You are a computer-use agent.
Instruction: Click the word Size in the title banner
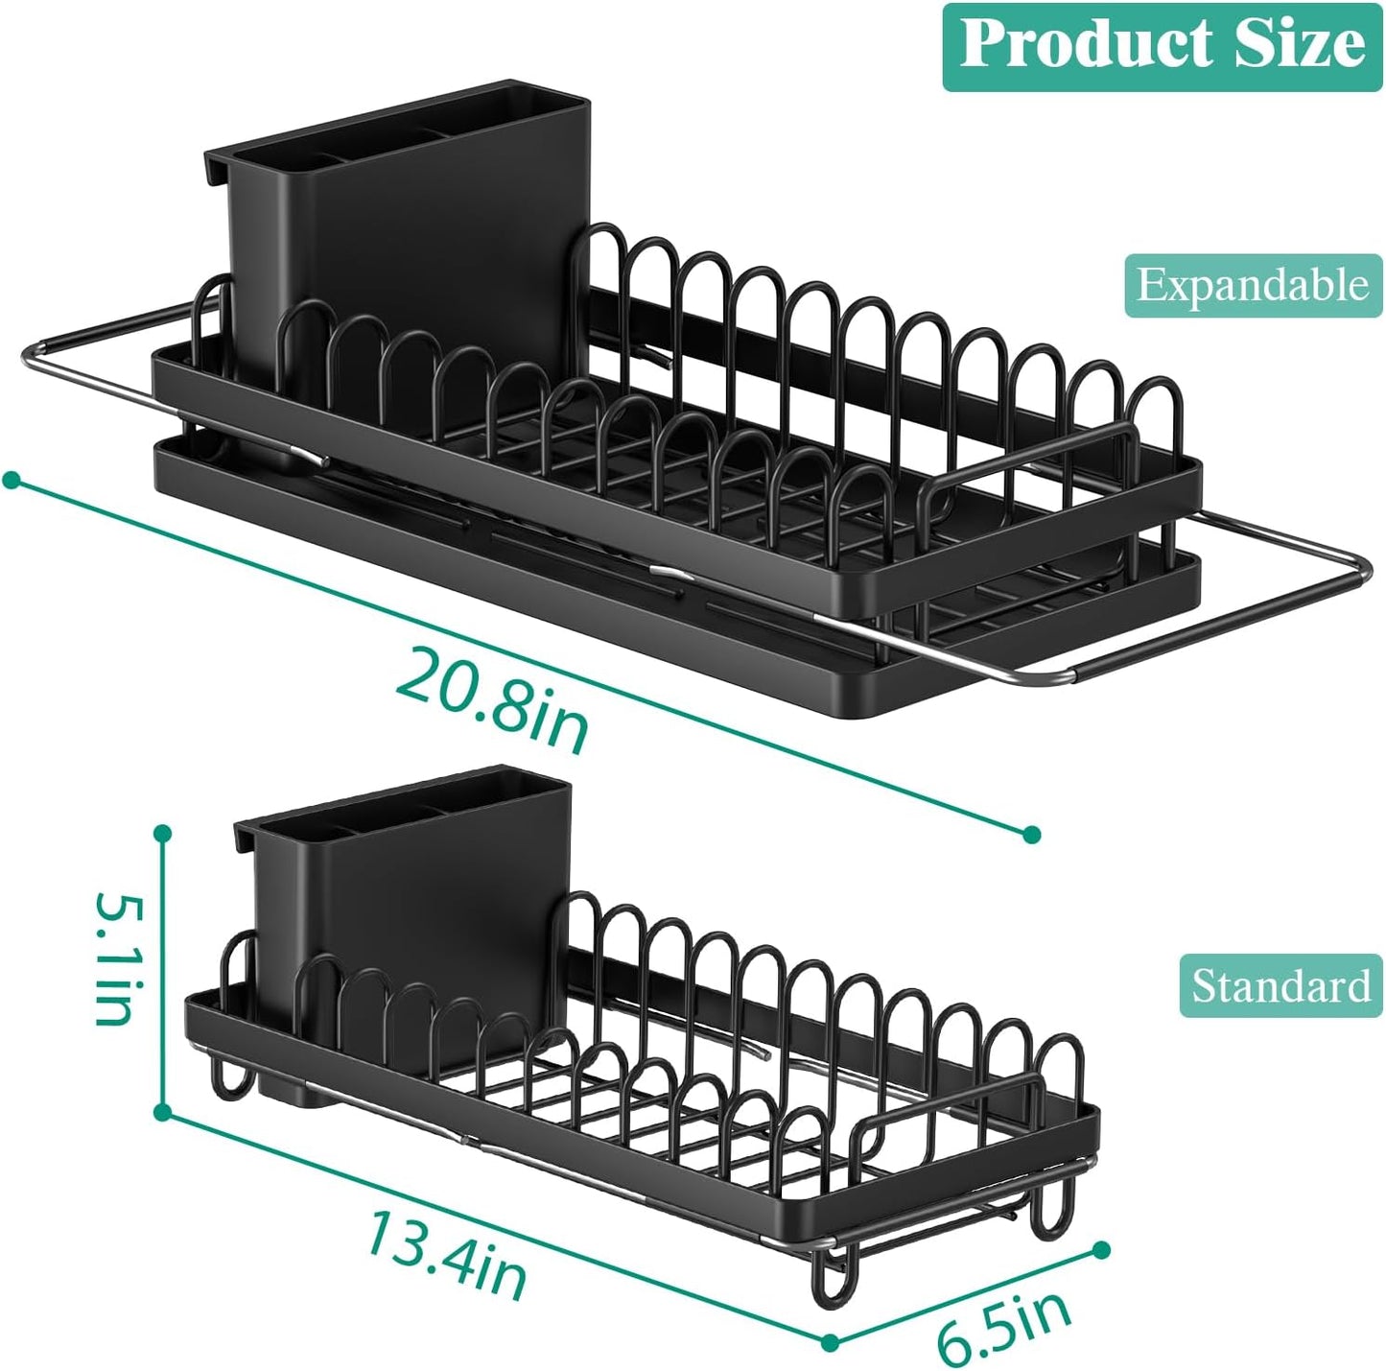[1300, 45]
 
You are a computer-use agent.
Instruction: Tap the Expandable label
[1253, 285]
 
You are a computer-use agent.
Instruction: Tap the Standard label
[1280, 985]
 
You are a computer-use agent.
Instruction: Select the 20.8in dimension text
[492, 699]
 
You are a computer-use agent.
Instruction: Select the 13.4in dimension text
[446, 1254]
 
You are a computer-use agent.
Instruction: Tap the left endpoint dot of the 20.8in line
[12, 479]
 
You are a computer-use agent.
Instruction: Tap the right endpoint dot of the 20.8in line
[1032, 834]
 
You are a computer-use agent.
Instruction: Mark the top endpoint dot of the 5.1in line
[163, 833]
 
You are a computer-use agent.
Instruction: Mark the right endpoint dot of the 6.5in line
[1102, 1249]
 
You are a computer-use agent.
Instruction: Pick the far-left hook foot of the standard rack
[230, 1079]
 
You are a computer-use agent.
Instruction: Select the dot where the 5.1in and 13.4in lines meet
[162, 1112]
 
